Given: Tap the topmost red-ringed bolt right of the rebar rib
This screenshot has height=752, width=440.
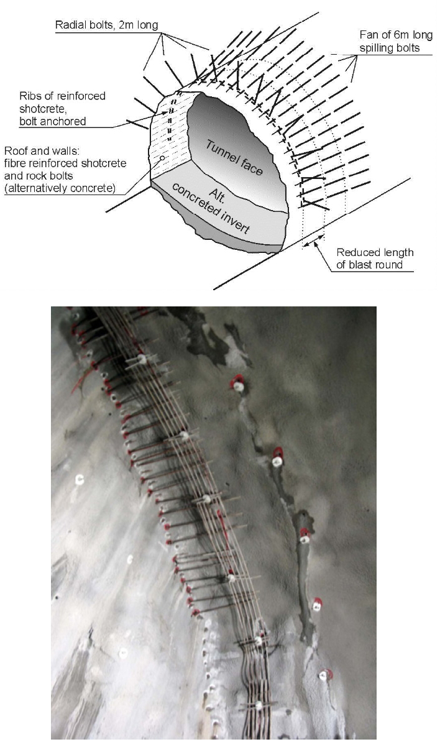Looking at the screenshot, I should (x=237, y=385).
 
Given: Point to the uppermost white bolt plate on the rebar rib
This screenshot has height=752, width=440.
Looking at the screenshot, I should (x=142, y=359).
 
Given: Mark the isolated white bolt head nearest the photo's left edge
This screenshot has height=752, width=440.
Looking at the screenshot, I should (x=80, y=479).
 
